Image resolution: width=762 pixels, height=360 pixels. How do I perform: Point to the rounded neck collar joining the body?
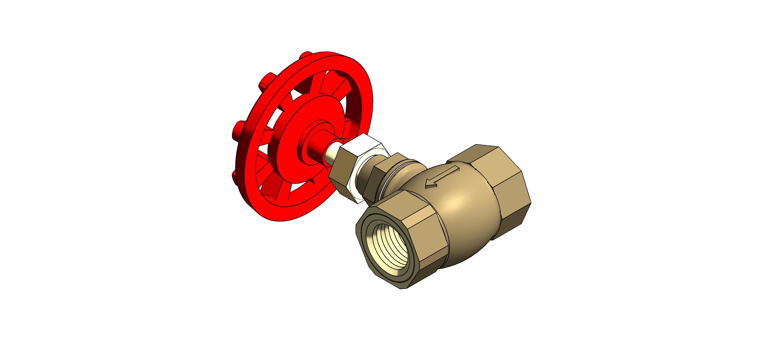(399, 175)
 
